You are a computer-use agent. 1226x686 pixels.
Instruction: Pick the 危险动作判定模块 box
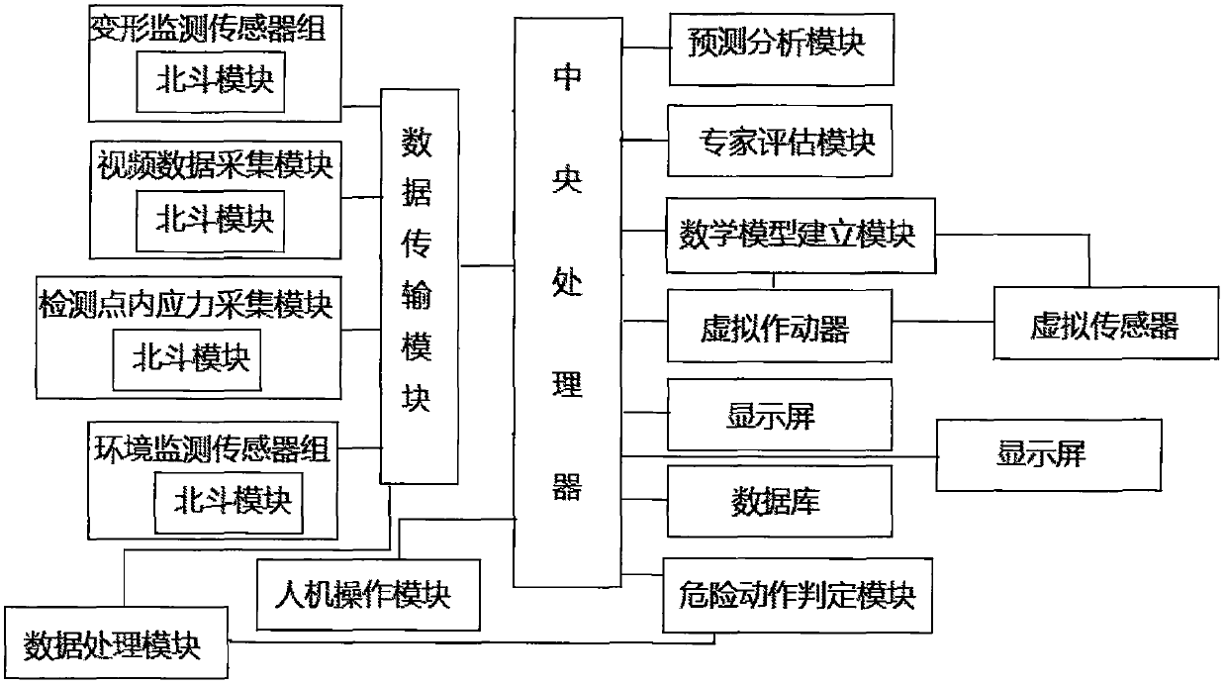coord(799,597)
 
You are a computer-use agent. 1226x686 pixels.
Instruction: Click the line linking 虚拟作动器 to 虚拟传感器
coord(942,322)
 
